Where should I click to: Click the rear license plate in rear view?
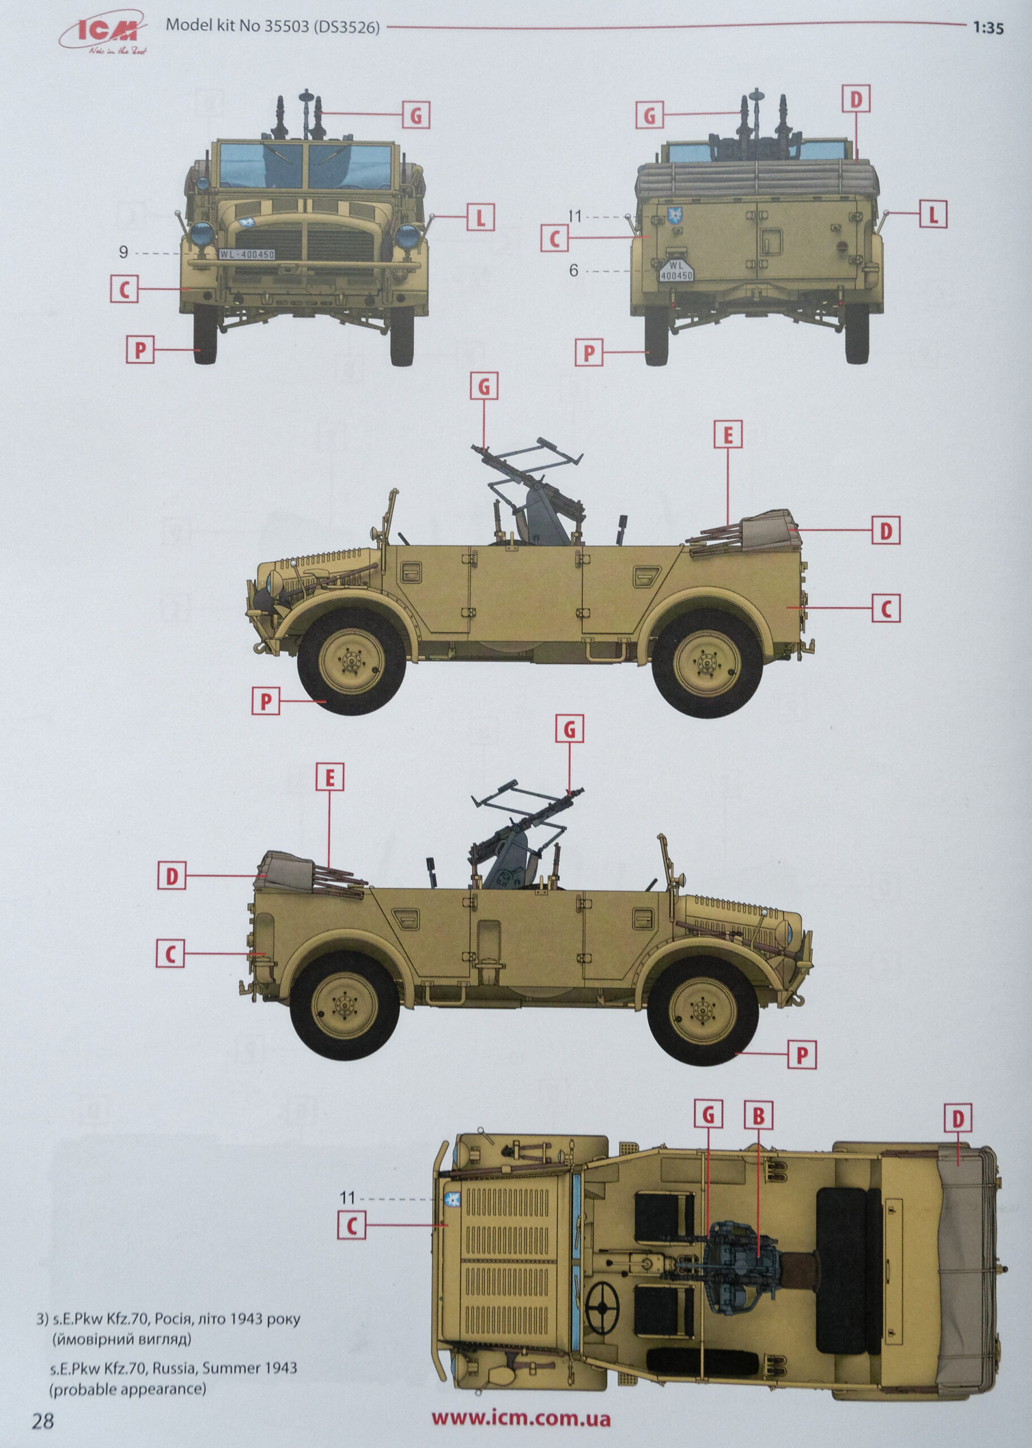tap(676, 271)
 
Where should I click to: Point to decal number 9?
tap(123, 252)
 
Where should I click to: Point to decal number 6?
tap(573, 271)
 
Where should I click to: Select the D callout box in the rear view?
tap(856, 99)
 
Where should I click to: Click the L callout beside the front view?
tap(481, 218)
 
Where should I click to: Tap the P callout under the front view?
tap(140, 350)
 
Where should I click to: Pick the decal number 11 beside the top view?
tap(347, 1198)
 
